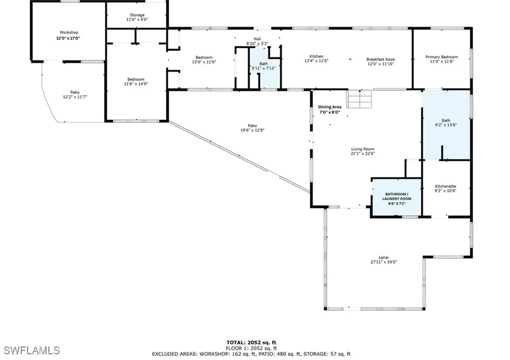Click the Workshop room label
(x=69, y=32)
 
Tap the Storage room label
(x=136, y=15)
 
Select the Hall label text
(x=257, y=38)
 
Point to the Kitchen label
(x=316, y=56)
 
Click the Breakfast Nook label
(x=381, y=58)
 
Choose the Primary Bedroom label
(x=441, y=57)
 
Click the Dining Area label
(x=329, y=107)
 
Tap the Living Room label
(x=362, y=149)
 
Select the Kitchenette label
(x=445, y=186)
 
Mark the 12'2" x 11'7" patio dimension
(x=74, y=97)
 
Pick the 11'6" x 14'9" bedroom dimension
(x=135, y=84)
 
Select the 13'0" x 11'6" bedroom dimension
(x=204, y=62)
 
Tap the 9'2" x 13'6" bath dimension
(x=446, y=125)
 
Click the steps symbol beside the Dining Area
(x=359, y=99)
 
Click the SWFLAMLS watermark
(x=30, y=350)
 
